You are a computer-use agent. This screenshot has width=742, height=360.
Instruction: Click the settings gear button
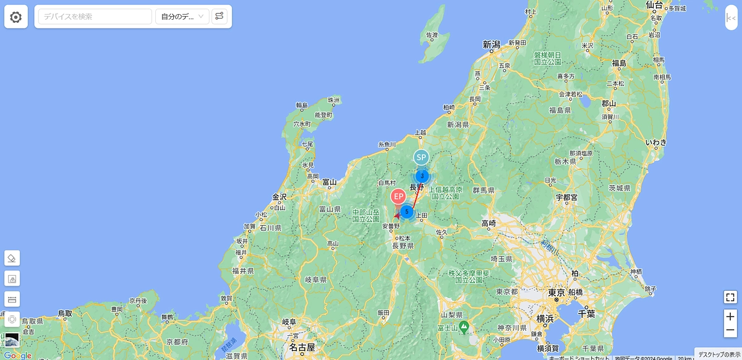(16, 17)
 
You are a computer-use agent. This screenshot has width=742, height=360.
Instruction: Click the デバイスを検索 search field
(95, 17)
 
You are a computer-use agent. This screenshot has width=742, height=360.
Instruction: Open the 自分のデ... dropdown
(182, 17)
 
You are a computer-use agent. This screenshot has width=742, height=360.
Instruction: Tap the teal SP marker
(421, 158)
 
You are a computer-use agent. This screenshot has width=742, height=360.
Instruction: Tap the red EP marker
(399, 197)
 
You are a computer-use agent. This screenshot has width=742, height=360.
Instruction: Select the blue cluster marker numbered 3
(422, 176)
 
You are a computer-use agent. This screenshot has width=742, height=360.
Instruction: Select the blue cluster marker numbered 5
(406, 212)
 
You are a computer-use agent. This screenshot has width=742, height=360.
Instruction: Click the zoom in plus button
(730, 317)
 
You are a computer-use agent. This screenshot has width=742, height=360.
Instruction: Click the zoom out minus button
(730, 330)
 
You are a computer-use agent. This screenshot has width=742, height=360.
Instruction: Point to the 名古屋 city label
(302, 347)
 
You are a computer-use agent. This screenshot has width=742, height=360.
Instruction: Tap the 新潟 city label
(492, 45)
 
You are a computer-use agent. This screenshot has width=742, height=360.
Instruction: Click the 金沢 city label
(279, 197)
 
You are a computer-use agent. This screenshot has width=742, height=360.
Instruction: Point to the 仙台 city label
(654, 5)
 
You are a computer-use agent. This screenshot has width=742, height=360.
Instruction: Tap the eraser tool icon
(12, 258)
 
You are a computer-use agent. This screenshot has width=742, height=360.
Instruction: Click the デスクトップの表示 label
(719, 354)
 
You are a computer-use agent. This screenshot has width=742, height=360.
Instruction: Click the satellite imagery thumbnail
(12, 340)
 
